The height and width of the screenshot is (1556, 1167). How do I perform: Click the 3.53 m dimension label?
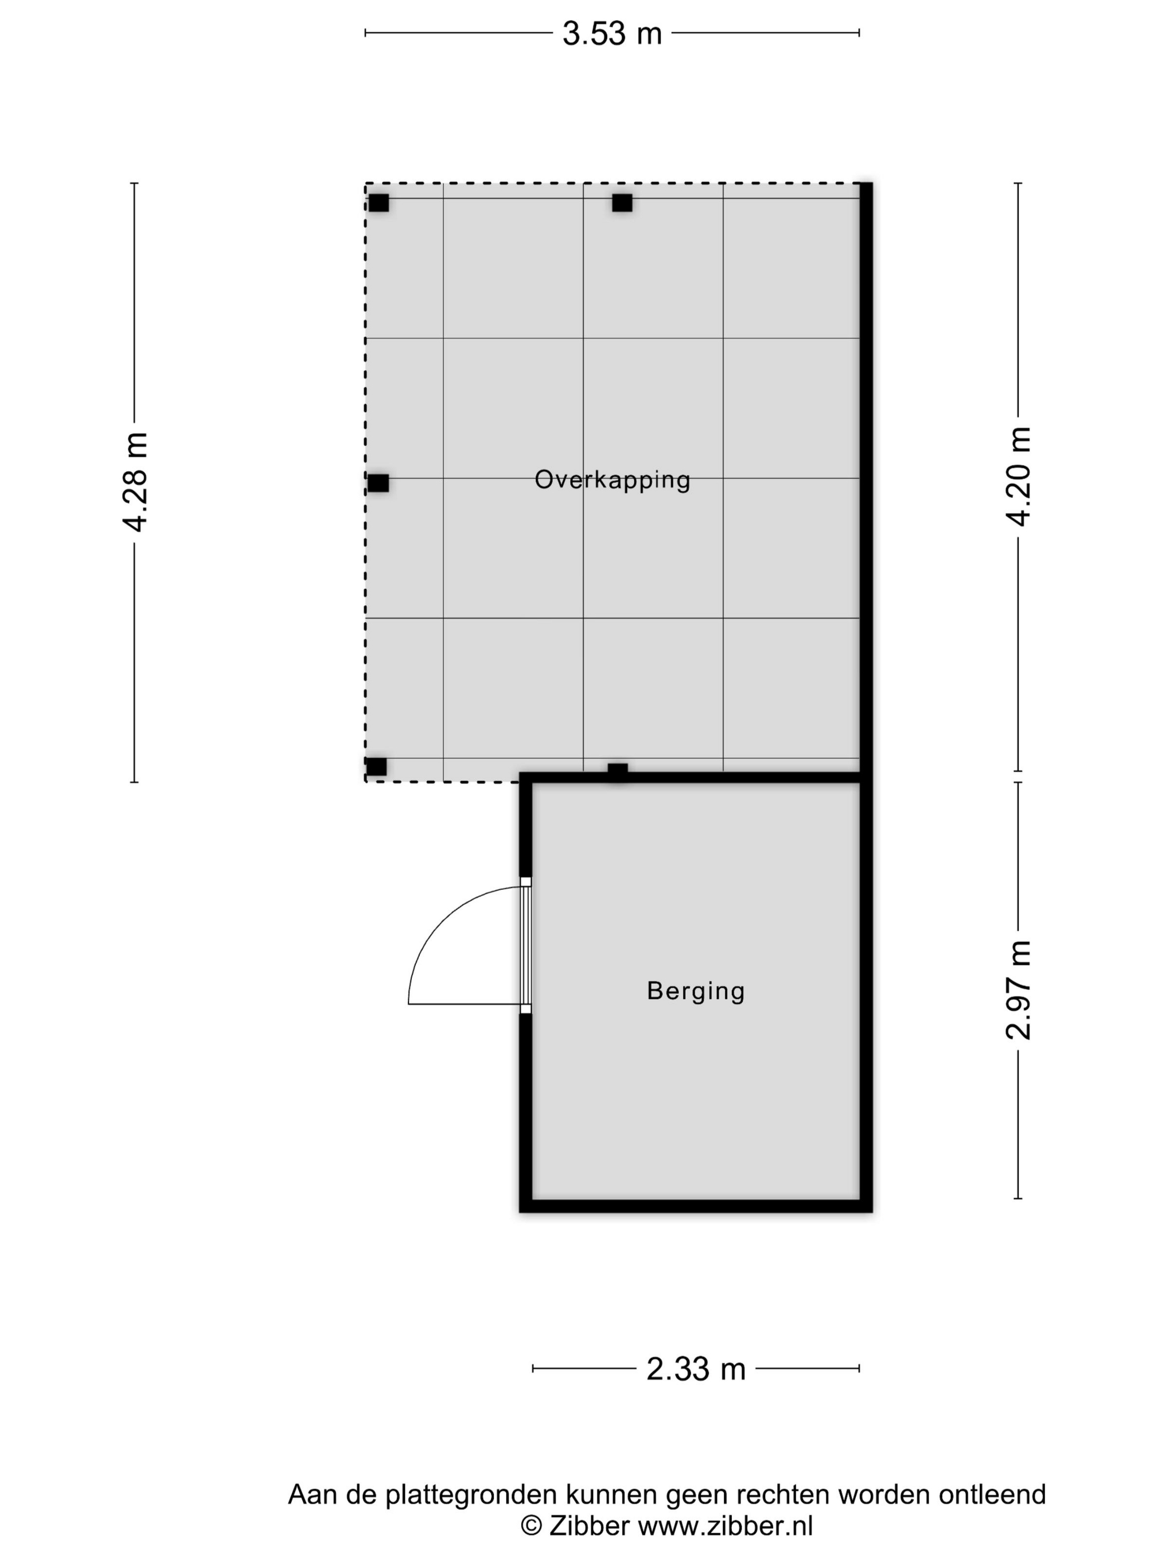coord(612,33)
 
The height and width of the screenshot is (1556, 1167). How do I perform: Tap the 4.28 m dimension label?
coord(134,482)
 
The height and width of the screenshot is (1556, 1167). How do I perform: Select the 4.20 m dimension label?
coord(1018,476)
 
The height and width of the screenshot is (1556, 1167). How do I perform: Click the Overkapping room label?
coord(612,481)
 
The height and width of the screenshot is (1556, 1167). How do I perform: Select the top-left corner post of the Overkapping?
coord(378,203)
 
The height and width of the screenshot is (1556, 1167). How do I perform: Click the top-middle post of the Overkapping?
coord(622,203)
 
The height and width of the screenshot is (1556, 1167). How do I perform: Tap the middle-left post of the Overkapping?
coord(378,483)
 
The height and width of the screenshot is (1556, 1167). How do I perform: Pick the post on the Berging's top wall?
coord(617,772)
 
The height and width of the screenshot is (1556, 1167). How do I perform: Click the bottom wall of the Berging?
coord(696,1206)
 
